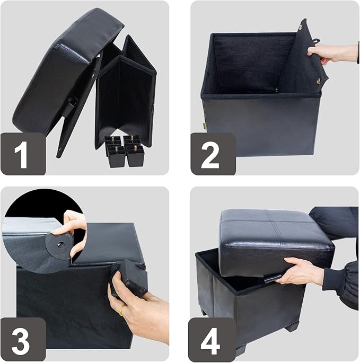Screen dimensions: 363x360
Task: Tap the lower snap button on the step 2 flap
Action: (319, 80)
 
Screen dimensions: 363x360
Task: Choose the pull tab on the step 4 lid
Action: (270, 277)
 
